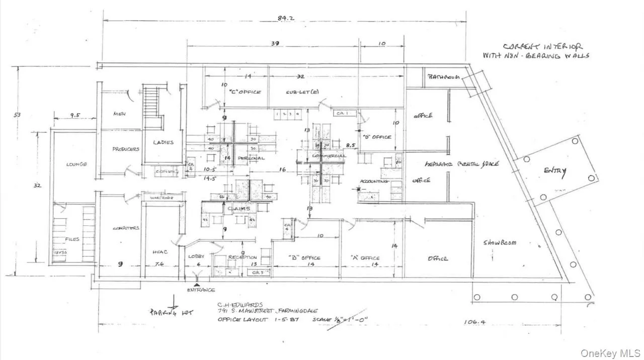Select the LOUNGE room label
point(76,164)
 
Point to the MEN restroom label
point(119,114)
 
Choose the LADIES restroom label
point(164,142)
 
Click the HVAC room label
point(159,252)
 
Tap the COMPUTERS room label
point(126,228)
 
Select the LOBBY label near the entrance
point(196,256)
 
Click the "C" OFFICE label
point(245,92)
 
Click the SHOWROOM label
point(500,243)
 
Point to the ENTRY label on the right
point(554,171)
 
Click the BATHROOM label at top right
point(444,77)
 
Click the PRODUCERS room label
point(125,149)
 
